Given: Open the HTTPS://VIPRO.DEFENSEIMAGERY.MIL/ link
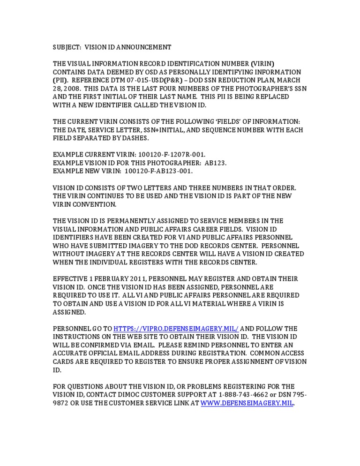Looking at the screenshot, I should tap(176, 328).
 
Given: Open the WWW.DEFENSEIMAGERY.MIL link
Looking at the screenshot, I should tap(247, 403).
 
